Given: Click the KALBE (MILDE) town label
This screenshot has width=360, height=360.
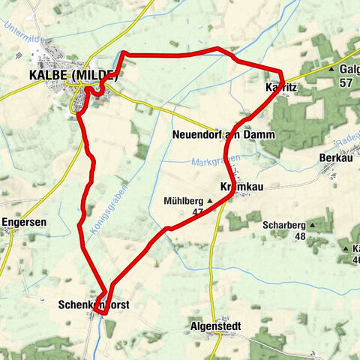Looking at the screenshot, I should coord(72,76).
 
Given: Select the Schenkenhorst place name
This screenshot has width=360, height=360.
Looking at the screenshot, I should coord(88,305).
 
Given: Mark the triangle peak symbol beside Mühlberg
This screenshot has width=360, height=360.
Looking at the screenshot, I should coord(210,200).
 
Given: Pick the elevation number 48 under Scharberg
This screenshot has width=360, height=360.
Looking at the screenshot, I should coord(301,235).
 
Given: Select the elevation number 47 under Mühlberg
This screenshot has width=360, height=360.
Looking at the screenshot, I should coord(198,212).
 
